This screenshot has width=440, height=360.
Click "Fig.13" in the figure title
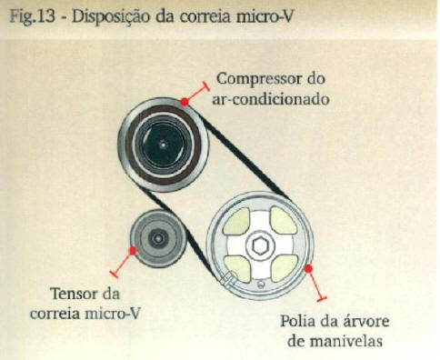(x=33, y=16)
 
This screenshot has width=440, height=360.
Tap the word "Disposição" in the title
(x=111, y=17)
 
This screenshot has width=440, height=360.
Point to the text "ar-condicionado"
(x=271, y=99)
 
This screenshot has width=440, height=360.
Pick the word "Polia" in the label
(x=298, y=321)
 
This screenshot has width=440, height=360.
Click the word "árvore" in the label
(x=366, y=321)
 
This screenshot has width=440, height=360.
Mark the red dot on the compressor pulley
(x=185, y=102)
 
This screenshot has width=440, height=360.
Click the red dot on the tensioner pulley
(x=132, y=250)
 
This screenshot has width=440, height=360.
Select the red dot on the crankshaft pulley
(x=308, y=268)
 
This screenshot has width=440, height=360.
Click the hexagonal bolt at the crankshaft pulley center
(x=260, y=245)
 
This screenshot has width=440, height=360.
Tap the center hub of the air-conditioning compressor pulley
(x=163, y=145)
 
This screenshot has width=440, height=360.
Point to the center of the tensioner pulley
(x=157, y=238)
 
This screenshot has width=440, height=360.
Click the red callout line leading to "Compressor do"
(x=197, y=93)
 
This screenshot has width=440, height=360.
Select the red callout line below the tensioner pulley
(x=122, y=263)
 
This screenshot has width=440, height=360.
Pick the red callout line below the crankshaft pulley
(x=315, y=285)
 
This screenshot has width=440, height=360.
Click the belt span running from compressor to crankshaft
(x=246, y=157)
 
